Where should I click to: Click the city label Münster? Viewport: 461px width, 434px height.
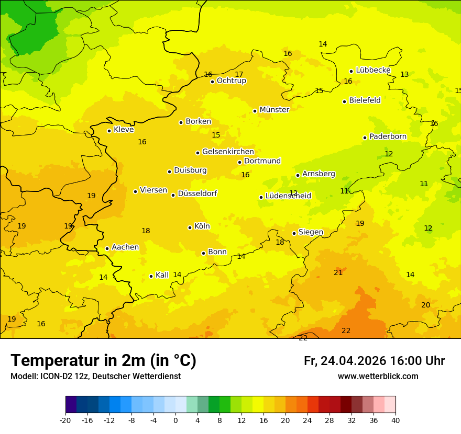pos(274,110)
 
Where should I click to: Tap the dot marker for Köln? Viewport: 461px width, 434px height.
pos(190,227)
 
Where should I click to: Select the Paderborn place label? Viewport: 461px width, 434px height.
pos(388,136)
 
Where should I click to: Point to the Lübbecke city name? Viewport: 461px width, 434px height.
pos(373,70)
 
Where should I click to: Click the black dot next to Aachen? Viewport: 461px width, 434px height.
pos(107,248)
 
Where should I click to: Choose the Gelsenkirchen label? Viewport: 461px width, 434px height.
pos(228,152)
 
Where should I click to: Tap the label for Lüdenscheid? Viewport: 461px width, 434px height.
pos(288,196)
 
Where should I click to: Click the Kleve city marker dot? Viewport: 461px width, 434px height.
pos(109,131)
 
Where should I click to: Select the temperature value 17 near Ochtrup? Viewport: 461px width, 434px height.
pos(239,74)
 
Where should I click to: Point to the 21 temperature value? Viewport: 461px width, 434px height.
pos(338,272)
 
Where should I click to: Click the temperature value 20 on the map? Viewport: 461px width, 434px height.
pos(426,305)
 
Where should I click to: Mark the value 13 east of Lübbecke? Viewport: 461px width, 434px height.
pos(404,74)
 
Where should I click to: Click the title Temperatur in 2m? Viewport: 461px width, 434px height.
pos(103,360)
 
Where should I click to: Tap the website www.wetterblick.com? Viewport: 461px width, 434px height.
pos(378,376)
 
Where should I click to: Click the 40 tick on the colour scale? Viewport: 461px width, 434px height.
pos(395,420)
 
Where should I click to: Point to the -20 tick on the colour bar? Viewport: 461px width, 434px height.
pos(65,420)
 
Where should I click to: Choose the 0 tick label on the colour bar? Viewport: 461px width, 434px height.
pos(175,420)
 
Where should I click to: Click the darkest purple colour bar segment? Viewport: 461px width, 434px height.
pos(71,405)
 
